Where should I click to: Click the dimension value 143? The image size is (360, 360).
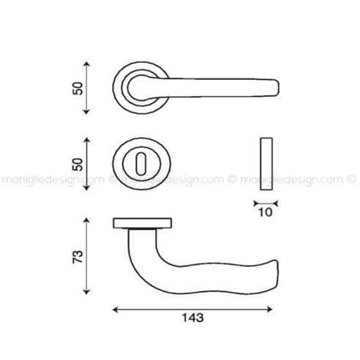192,318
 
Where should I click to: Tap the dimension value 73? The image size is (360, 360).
78,256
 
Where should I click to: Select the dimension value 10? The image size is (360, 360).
266,212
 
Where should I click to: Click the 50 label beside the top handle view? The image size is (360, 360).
78,88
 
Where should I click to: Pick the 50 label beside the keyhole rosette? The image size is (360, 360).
78,164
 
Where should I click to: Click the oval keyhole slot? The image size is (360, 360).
141,164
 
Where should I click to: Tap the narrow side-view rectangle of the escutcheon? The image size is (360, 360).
266,164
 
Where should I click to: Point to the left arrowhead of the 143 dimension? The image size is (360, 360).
116,310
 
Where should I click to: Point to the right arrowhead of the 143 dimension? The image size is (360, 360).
269,310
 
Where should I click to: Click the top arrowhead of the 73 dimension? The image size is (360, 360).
86,221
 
